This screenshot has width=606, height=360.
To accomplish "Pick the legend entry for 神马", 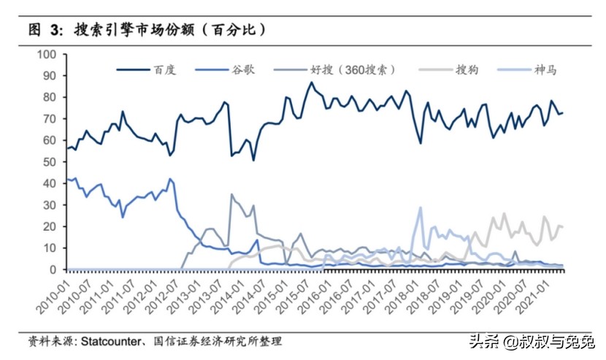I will (x=545, y=70).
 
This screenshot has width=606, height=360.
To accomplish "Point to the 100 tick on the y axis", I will (x=47, y=54).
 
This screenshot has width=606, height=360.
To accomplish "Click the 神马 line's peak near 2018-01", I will (x=420, y=207).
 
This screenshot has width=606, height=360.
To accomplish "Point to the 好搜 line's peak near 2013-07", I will (x=231, y=194).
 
